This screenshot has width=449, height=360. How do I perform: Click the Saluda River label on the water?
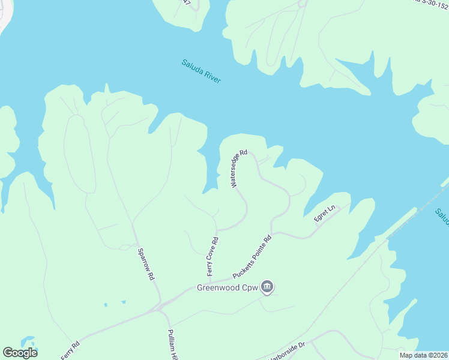click(202, 71)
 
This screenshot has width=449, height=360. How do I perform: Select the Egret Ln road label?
click(325, 215)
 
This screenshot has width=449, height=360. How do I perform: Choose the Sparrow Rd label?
click(146, 264)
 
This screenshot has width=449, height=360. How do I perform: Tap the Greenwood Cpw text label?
click(228, 288)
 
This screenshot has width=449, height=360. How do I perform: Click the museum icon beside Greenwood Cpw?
click(268, 287)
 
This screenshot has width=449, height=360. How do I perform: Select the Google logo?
click(20, 353)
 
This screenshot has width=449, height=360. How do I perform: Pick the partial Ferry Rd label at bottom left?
click(70, 350)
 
